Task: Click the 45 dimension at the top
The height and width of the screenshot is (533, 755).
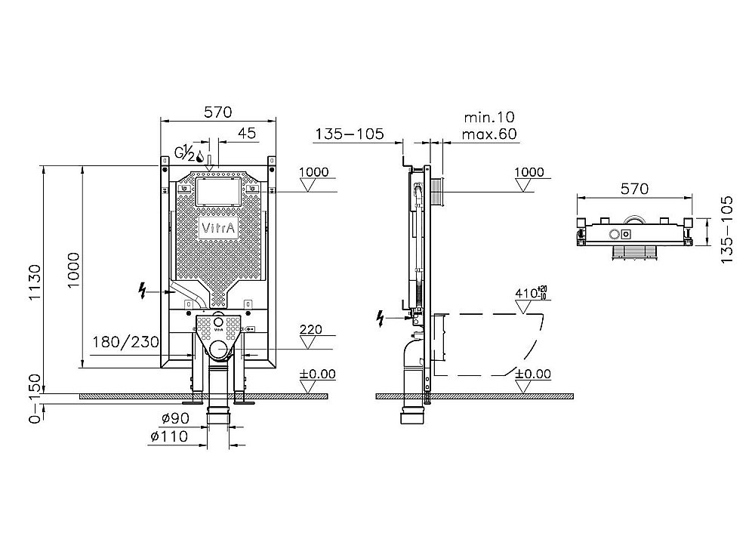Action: pos(246,133)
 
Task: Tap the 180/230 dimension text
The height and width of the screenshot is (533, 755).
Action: pos(126,341)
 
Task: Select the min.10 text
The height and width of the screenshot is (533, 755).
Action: pos(488,117)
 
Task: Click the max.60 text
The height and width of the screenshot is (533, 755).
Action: pos(491,134)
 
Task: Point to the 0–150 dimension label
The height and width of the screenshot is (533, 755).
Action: pos(31,408)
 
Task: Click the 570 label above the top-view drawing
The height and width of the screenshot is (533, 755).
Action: pos(634,189)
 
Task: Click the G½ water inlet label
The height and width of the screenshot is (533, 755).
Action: pos(184,153)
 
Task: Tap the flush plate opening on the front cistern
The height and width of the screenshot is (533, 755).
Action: pos(218,193)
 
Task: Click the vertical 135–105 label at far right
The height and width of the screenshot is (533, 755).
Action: pos(727,230)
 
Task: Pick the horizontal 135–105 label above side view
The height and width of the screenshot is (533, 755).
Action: pos(350,134)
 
